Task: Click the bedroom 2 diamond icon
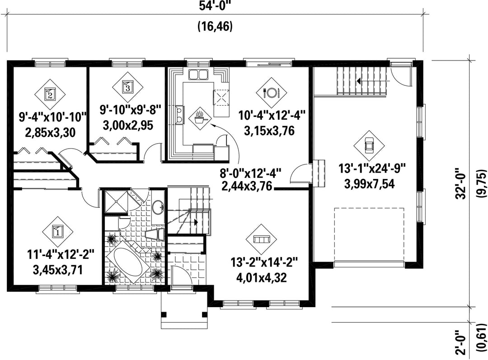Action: coord(50,94)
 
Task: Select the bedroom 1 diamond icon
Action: coord(57,232)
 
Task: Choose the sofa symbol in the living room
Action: coord(261,238)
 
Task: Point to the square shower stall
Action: coord(116,201)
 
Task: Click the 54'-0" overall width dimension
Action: coord(215,6)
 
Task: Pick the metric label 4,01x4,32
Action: coord(262,277)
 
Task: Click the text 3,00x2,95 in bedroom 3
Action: coord(128,126)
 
